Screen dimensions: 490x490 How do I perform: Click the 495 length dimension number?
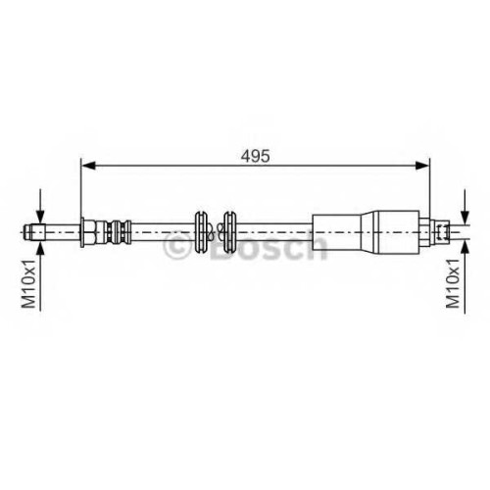[x=256, y=156]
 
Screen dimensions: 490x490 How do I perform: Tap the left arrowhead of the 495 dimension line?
[x=88, y=166]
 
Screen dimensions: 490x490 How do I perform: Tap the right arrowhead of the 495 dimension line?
[x=421, y=166]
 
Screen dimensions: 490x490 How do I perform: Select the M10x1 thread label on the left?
[x=28, y=284]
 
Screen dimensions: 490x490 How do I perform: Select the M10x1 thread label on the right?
[x=453, y=284]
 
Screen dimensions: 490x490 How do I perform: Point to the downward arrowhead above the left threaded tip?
[x=40, y=217]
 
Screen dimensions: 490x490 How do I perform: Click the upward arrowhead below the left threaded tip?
[x=40, y=248]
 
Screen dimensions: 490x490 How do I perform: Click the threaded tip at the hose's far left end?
[x=34, y=232]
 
